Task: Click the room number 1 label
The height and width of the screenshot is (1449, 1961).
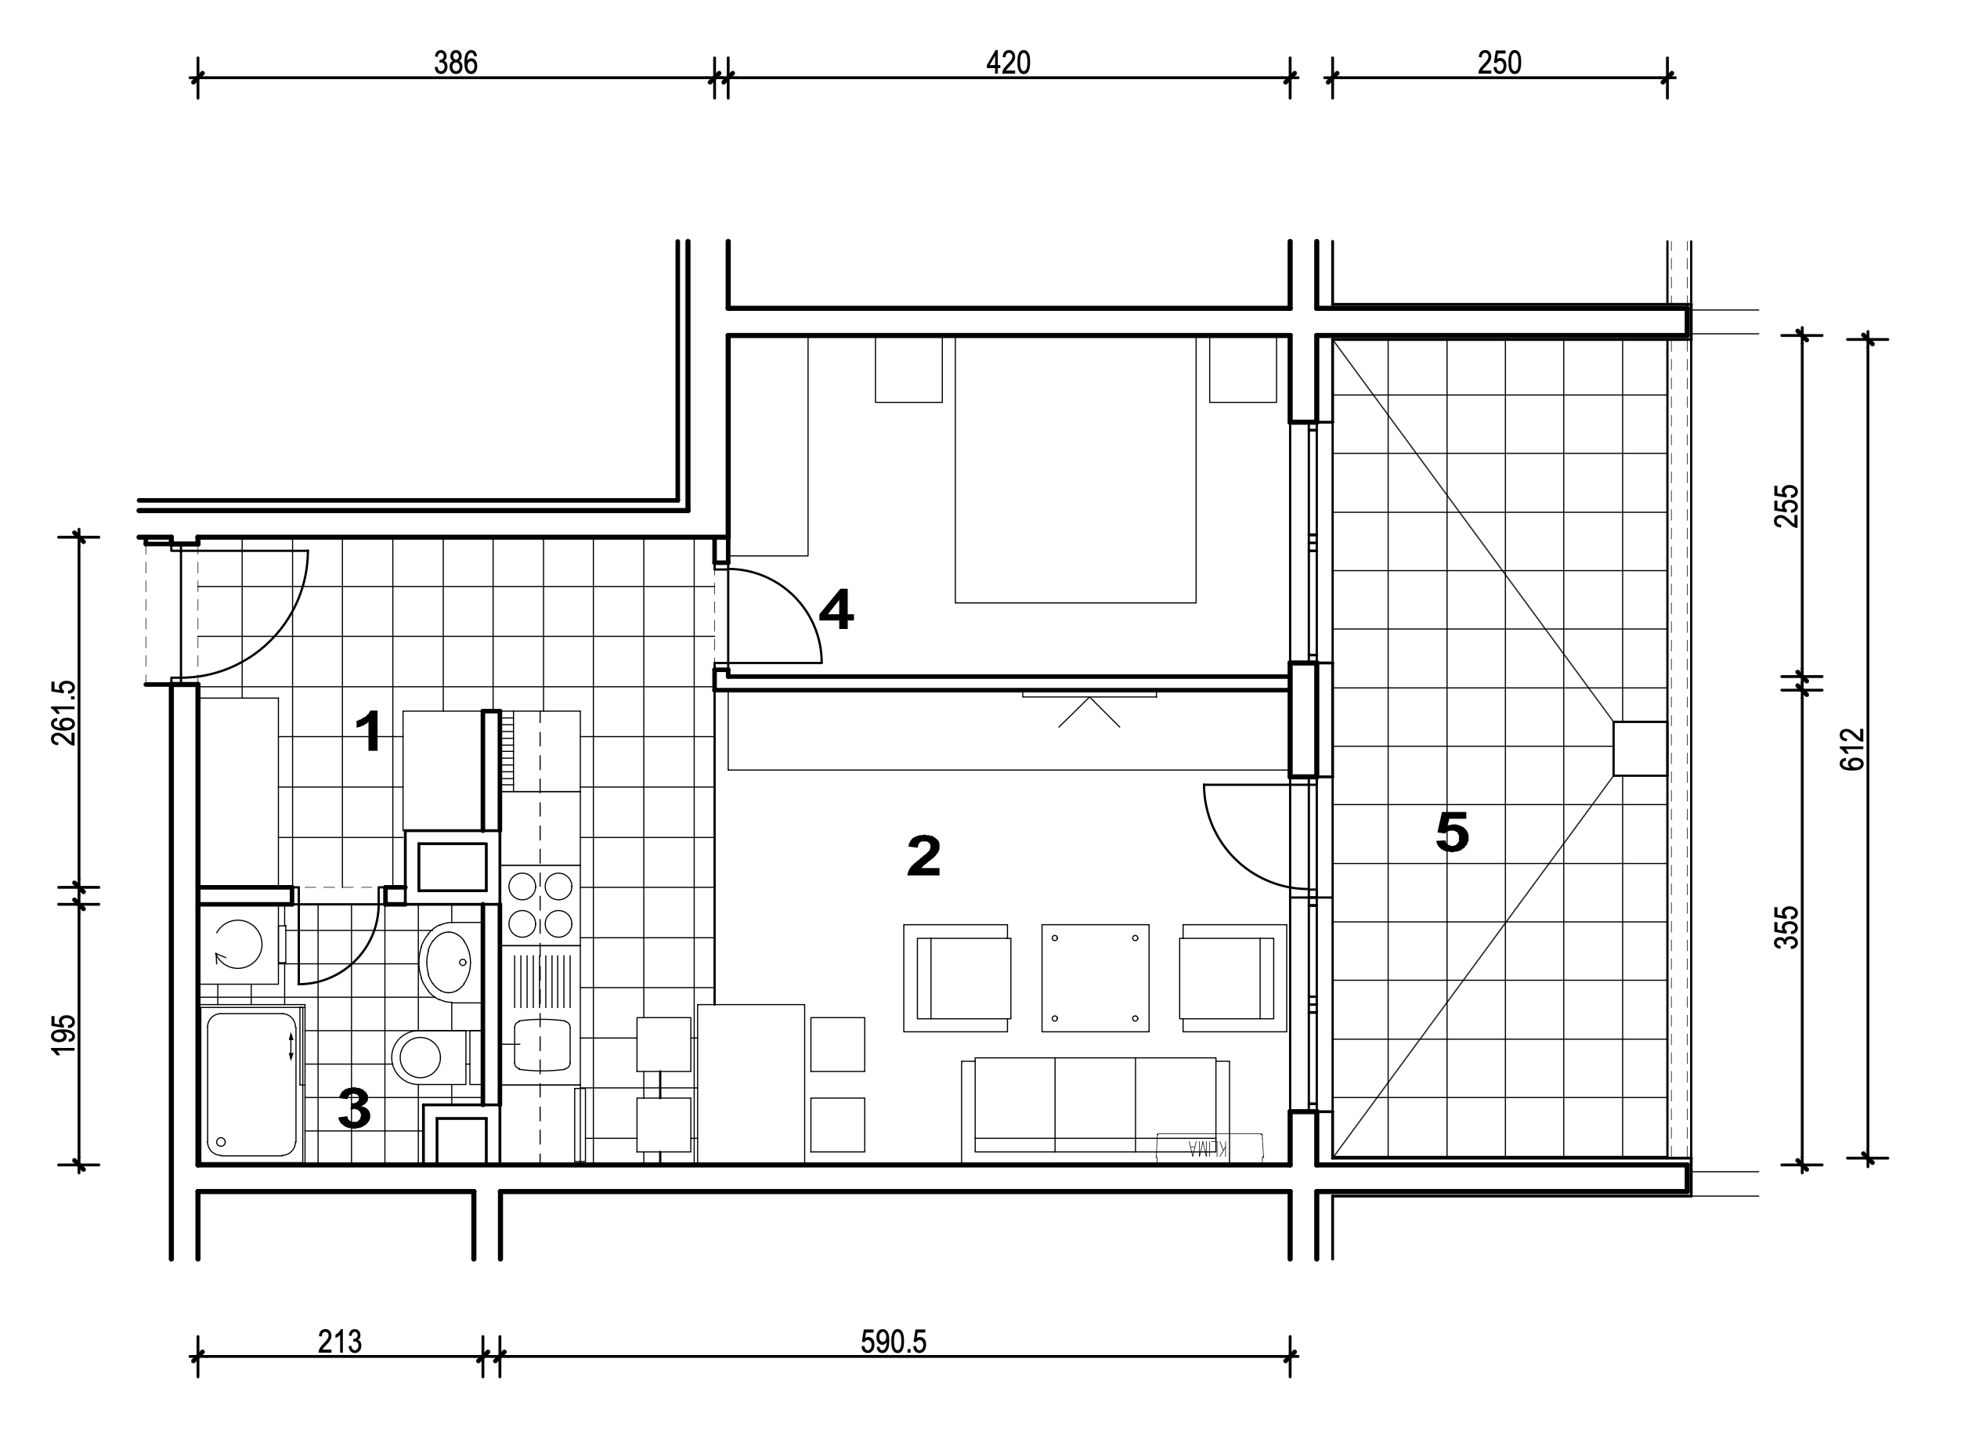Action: (369, 732)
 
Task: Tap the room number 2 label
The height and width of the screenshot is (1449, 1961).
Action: (923, 855)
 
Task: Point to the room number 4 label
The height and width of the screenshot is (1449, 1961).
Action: (836, 609)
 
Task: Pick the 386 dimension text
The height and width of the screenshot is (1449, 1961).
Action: (456, 63)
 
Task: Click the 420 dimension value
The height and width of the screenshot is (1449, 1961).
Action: (1009, 63)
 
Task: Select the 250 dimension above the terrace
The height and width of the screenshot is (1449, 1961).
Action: (1500, 63)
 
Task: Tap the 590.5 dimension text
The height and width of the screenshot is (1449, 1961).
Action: (894, 1342)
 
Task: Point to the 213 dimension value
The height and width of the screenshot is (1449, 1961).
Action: (339, 1342)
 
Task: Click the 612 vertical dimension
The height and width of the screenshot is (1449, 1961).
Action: (1851, 749)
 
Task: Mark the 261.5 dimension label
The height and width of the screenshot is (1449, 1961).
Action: (64, 713)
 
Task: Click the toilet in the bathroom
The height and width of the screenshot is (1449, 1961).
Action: (427, 1057)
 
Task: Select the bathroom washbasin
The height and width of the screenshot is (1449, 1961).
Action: (450, 962)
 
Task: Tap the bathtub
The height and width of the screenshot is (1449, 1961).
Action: (251, 1084)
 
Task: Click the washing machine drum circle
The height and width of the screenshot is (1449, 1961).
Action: (239, 945)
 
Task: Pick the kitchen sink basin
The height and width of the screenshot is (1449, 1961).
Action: (542, 1045)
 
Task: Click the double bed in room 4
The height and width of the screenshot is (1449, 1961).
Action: (1075, 470)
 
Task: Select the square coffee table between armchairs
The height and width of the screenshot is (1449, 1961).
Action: (1096, 978)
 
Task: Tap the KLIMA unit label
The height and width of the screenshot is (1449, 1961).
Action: (1209, 1147)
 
